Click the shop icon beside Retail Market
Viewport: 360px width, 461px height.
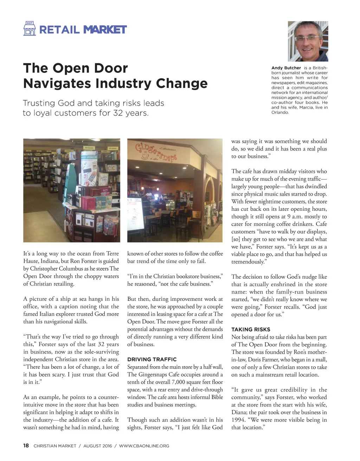pyautogui.click(x=30, y=29)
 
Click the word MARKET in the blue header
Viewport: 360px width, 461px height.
pyautogui.click(x=105, y=30)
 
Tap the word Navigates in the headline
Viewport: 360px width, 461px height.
pyautogui.click(x=56, y=83)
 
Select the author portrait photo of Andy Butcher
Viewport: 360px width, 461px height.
pyautogui.click(x=308, y=41)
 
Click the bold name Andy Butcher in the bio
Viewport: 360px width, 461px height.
pyautogui.click(x=286, y=68)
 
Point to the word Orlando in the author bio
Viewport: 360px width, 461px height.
pyautogui.click(x=280, y=113)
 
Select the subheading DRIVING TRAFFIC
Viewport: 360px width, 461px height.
pyautogui.click(x=152, y=359)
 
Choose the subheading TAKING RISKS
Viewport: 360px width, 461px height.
pyautogui.click(x=251, y=329)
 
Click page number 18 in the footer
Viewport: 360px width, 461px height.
pyautogui.click(x=26, y=446)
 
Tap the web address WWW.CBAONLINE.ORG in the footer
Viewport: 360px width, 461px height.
pyautogui.click(x=144, y=446)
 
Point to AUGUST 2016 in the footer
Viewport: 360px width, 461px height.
pyautogui.click(x=97, y=446)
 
